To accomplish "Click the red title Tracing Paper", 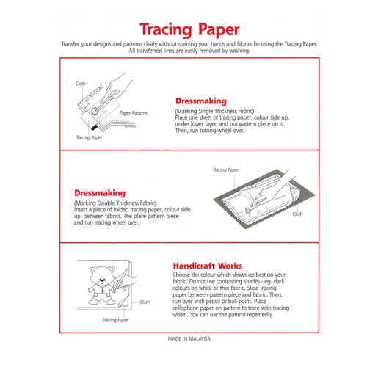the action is click(x=189, y=30).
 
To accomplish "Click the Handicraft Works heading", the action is click(x=208, y=266).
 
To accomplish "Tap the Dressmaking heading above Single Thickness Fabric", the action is click(x=201, y=101).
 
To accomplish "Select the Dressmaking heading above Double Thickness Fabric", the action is click(x=100, y=193).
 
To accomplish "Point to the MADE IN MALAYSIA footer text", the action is click(x=189, y=338).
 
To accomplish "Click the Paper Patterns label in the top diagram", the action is click(x=134, y=113).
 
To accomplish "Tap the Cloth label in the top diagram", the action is click(x=81, y=84).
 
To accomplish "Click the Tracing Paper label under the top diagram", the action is click(x=89, y=137).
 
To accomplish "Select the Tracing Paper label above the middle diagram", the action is click(x=225, y=170).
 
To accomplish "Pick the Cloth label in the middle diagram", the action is click(x=297, y=214).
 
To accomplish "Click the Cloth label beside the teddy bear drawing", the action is click(x=145, y=302).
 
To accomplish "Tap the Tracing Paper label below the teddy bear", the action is click(x=115, y=320).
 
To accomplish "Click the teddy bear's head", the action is click(x=102, y=275).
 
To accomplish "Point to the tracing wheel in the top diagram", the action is click(x=95, y=111).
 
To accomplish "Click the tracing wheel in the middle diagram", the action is click(x=248, y=210).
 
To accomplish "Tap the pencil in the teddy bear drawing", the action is click(x=120, y=280).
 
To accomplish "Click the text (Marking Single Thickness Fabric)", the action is click(x=214, y=111).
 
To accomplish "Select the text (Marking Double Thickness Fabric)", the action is click(x=115, y=203).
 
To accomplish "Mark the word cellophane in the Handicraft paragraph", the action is click(x=185, y=308).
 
